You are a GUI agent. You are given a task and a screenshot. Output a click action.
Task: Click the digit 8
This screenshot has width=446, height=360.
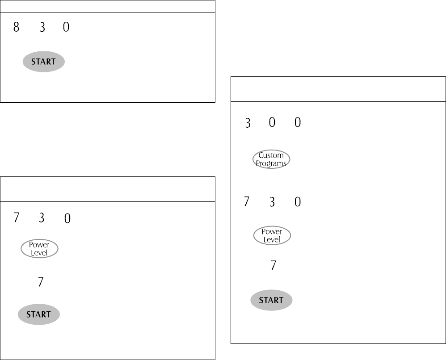coord(17,27)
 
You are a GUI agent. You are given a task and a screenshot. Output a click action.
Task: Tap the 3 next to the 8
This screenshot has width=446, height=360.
coord(42,27)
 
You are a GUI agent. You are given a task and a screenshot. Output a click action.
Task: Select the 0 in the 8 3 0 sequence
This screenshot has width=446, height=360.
coord(66,27)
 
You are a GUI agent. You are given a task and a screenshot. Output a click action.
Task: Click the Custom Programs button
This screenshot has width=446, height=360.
coord(271,159)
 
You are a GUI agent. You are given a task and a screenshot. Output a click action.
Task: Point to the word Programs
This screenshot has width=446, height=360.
coord(271,164)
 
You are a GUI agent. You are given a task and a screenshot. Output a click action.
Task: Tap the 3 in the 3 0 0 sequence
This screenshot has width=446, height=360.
coord(248,123)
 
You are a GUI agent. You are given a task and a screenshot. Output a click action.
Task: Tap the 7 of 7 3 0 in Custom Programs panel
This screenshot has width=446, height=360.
coord(246,202)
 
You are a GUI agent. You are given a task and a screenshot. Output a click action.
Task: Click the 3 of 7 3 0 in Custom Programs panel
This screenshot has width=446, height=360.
coord(272,202)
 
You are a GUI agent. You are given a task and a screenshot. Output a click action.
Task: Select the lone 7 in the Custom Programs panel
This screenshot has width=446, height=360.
coord(273,266)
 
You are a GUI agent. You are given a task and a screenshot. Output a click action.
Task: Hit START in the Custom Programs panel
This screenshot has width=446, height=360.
coord(271,301)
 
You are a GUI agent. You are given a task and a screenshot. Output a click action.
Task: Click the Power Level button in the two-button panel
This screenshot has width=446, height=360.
coord(39,249)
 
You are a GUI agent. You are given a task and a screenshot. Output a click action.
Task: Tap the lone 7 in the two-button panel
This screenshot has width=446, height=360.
coord(41,282)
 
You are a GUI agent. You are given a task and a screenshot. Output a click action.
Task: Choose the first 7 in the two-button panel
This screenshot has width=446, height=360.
coord(17,218)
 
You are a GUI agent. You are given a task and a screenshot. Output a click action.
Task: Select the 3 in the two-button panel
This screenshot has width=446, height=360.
coord(42,218)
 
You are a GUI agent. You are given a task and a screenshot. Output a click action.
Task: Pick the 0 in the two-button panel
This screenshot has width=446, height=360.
coord(67,218)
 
